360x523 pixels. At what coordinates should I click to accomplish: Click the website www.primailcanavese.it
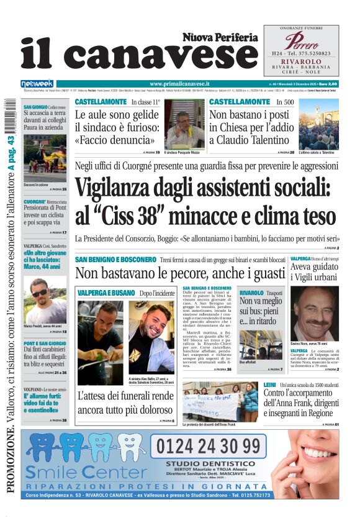[x=179, y=84]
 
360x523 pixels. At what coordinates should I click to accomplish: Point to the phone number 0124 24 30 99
[x=208, y=447]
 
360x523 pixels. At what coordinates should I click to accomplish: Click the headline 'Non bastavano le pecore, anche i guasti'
[x=180, y=273]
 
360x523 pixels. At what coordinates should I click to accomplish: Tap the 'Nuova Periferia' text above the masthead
[x=220, y=37]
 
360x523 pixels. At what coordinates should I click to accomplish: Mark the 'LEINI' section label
[x=273, y=386]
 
